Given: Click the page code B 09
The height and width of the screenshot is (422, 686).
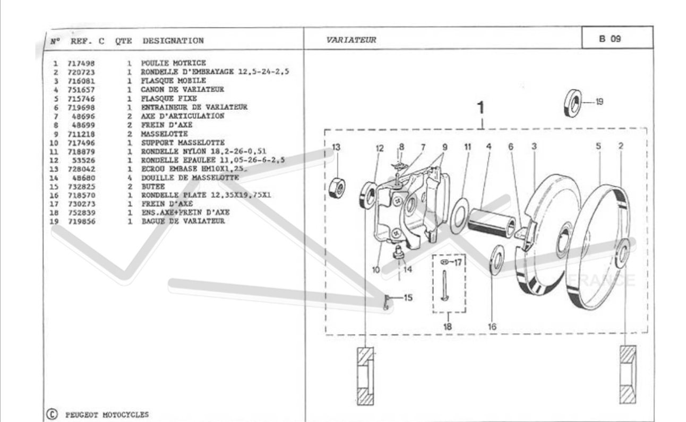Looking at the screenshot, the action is point(610,39).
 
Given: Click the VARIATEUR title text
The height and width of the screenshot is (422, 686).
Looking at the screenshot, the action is point(351,40).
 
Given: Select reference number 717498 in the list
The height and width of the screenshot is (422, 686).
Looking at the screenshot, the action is point(81,63).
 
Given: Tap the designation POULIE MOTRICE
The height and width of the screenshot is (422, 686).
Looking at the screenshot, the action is point(173,63).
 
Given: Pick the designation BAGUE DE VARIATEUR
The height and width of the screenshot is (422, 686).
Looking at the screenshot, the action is point(183,221).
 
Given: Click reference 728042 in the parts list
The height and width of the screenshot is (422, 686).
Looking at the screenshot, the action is point(81,169).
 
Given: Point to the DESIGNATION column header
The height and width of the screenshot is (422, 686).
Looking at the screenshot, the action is point(173,41).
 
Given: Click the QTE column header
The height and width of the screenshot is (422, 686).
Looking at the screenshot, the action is point(123,41).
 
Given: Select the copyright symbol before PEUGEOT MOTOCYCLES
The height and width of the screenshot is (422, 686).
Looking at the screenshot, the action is point(52,414).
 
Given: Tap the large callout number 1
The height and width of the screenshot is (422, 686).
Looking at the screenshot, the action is point(481,108).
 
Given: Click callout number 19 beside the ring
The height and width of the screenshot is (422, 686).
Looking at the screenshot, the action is point(599,102).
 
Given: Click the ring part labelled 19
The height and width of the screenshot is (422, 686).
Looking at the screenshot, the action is point(573,103).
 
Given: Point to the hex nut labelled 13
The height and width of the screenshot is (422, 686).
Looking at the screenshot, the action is point(337,188).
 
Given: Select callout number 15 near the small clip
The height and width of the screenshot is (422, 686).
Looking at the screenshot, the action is point(408,297).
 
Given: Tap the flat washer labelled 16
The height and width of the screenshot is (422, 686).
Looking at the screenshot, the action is point(497,260).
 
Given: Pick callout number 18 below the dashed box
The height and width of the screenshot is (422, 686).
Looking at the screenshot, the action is point(448,327).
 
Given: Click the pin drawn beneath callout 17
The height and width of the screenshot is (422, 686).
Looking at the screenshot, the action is point(444,285).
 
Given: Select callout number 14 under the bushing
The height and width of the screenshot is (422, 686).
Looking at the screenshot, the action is point(408,269).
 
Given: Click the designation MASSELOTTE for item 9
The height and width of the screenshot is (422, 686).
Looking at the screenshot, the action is point(165,134).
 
